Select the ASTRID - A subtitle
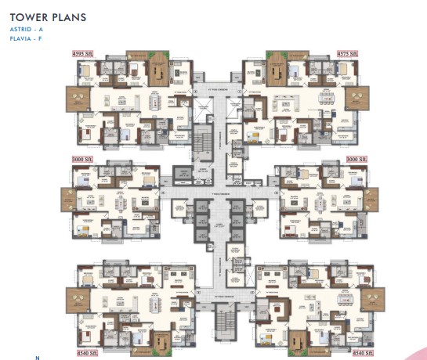(x=26, y=30)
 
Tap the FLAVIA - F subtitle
(x=26, y=39)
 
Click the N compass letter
(x=36, y=358)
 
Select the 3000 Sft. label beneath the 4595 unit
(x=83, y=159)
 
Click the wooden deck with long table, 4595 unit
(x=157, y=69)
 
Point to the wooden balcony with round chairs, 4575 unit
(x=359, y=99)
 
